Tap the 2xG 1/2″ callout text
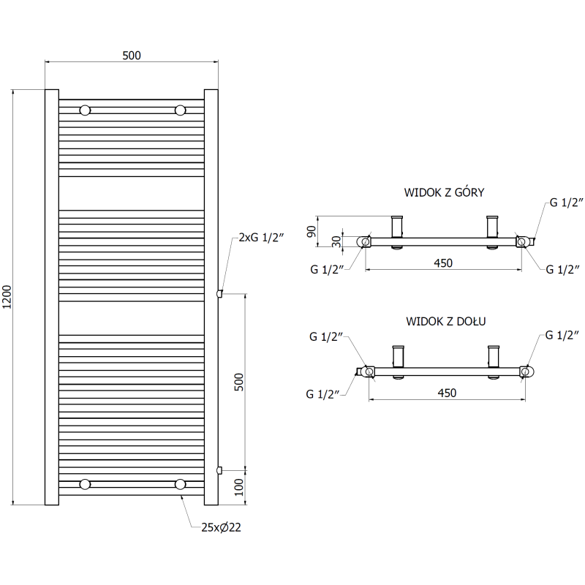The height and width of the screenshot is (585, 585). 260,238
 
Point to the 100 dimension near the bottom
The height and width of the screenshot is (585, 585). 239,488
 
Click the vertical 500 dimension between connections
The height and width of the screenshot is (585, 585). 239,382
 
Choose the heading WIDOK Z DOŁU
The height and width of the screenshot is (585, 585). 446,321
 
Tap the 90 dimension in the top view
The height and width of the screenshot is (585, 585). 311,230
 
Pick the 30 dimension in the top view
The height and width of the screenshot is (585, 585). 336,241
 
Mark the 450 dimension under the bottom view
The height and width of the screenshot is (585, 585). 446,393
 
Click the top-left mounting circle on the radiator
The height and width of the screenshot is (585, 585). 86,110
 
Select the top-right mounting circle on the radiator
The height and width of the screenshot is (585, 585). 180,110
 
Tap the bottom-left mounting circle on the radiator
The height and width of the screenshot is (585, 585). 86,484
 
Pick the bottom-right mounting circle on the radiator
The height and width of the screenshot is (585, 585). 180,484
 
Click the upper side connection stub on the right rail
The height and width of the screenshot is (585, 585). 219,294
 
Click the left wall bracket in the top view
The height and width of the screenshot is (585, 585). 397,226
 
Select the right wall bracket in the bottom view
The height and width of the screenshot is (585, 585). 494,356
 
